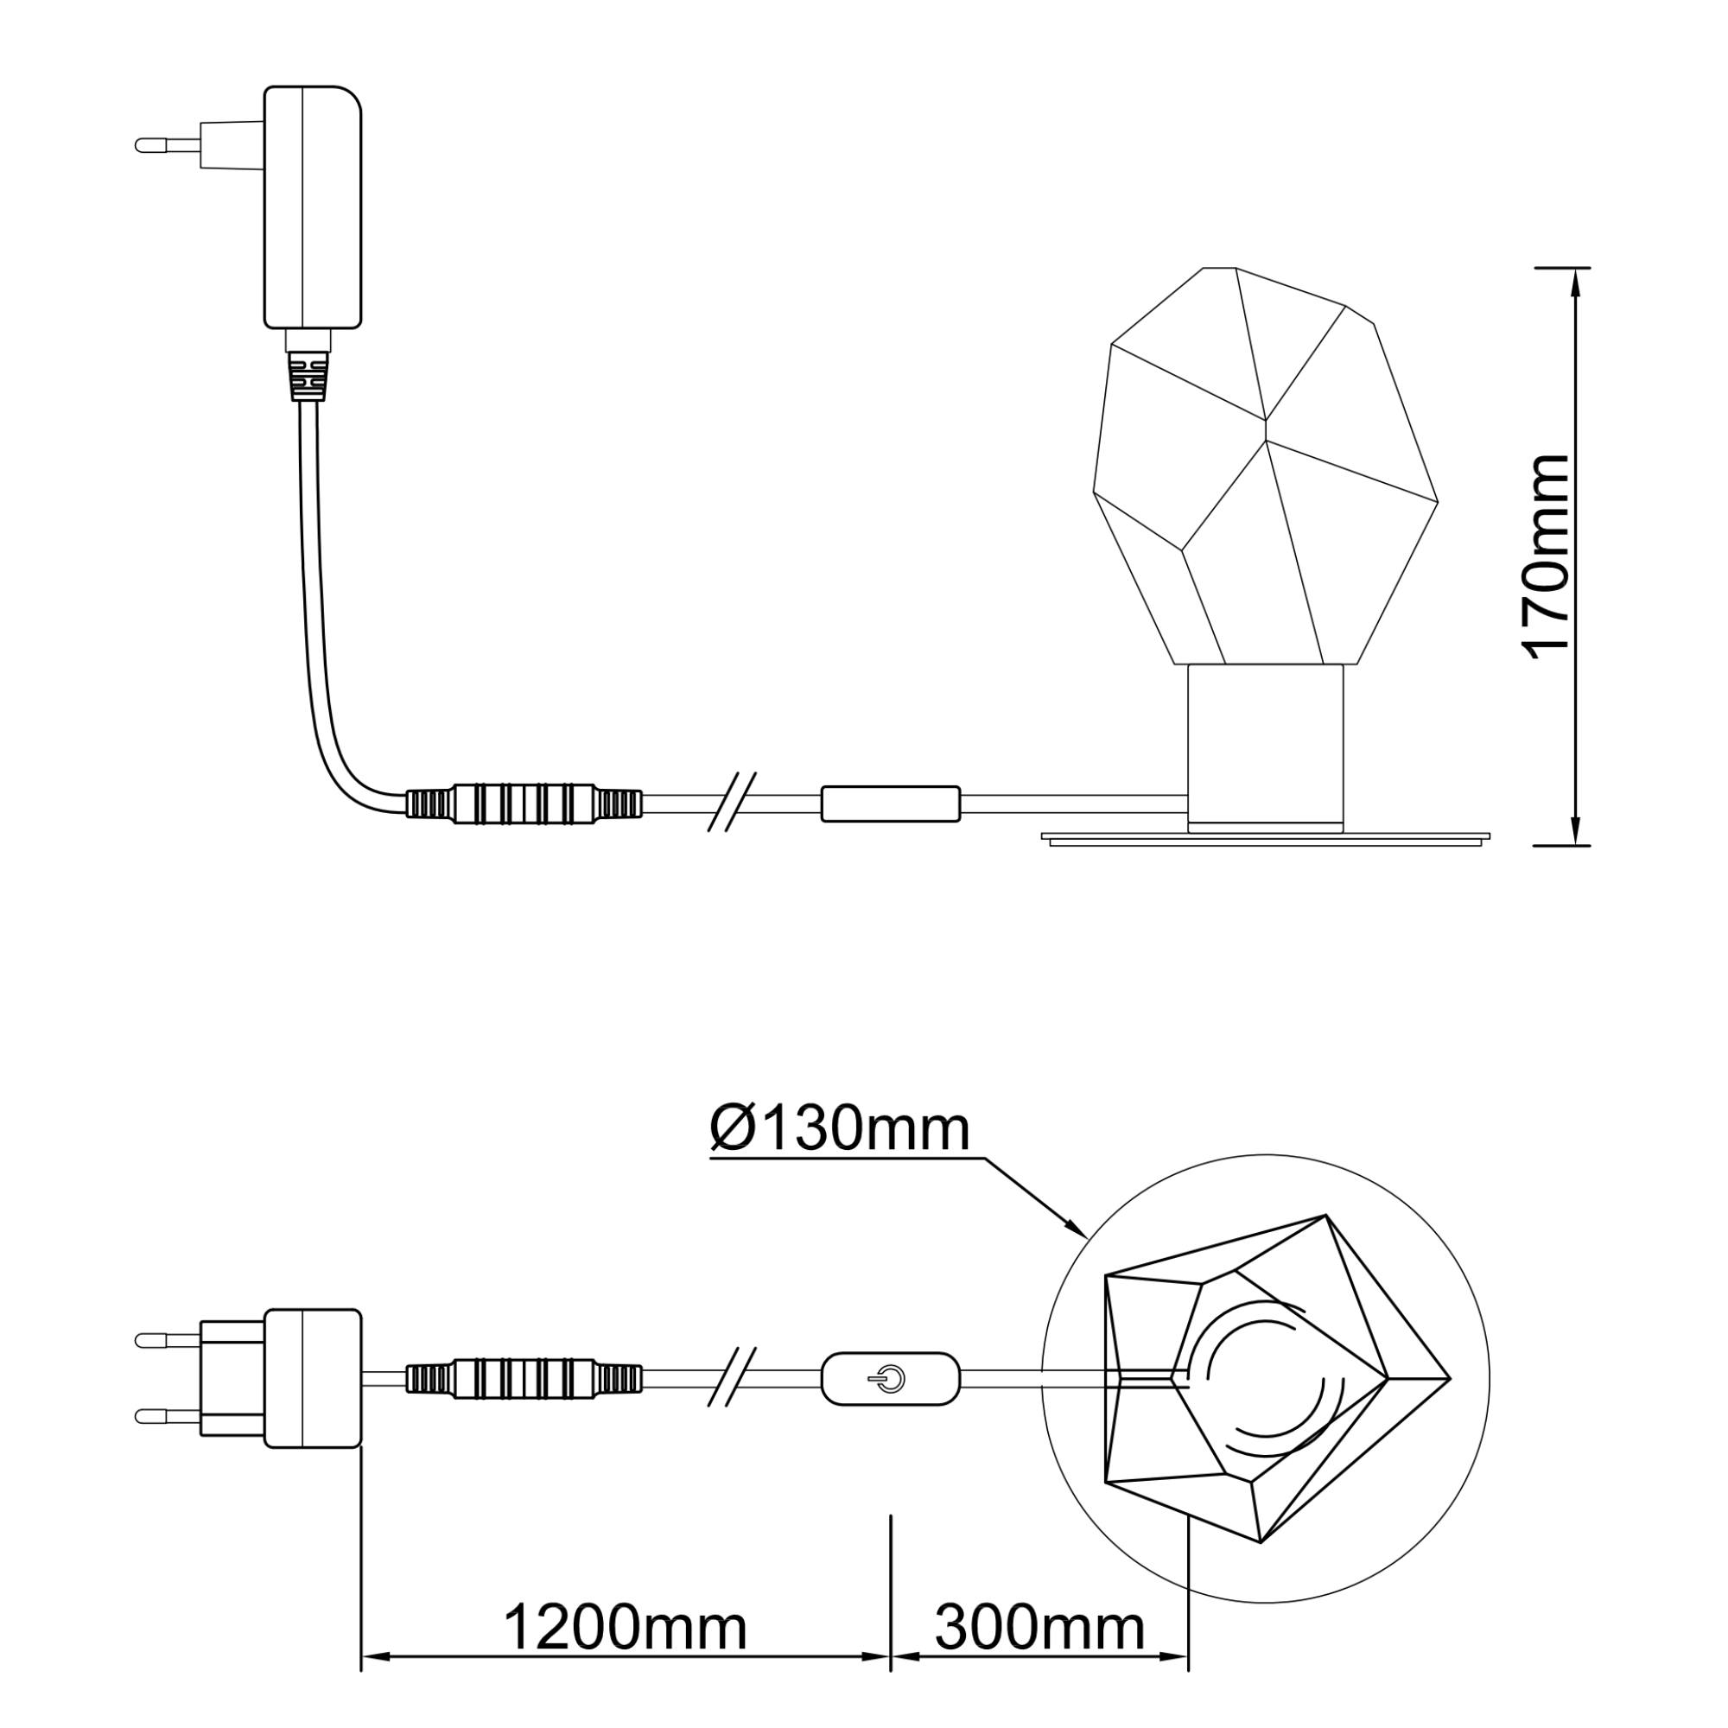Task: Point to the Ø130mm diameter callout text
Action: point(840,1129)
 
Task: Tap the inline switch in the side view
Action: point(891,804)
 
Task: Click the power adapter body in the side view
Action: point(313,206)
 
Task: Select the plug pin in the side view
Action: point(168,143)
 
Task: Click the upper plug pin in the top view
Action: point(168,1340)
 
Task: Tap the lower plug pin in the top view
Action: point(168,1415)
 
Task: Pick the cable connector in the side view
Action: point(525,804)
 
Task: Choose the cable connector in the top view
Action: point(525,1379)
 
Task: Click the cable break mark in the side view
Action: point(733,803)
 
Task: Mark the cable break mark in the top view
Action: point(733,1378)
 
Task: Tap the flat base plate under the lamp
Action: point(1267,836)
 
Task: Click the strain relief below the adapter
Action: point(308,375)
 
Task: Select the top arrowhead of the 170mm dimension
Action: point(1574,284)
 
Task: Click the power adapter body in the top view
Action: point(314,1378)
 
